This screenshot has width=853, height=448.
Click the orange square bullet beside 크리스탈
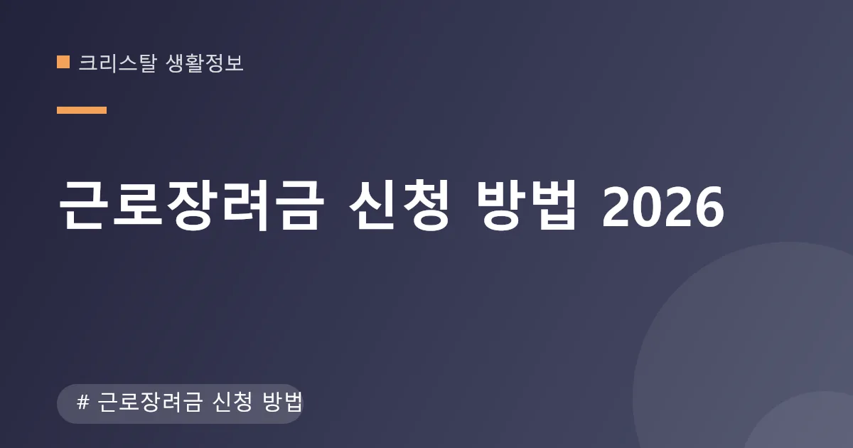click(63, 62)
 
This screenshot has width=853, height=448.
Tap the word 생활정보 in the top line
click(205, 63)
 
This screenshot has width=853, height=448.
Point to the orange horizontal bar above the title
click(82, 110)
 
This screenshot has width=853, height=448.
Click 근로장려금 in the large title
click(191, 205)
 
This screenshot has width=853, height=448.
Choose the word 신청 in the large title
click(399, 205)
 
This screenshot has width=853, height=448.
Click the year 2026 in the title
click(663, 207)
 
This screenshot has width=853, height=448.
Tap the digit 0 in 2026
click(648, 207)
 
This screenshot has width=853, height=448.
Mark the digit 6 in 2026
click(709, 207)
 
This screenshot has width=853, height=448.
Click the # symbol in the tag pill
click(83, 402)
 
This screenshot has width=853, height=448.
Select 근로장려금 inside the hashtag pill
click(150, 402)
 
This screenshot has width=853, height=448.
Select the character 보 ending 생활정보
click(234, 63)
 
